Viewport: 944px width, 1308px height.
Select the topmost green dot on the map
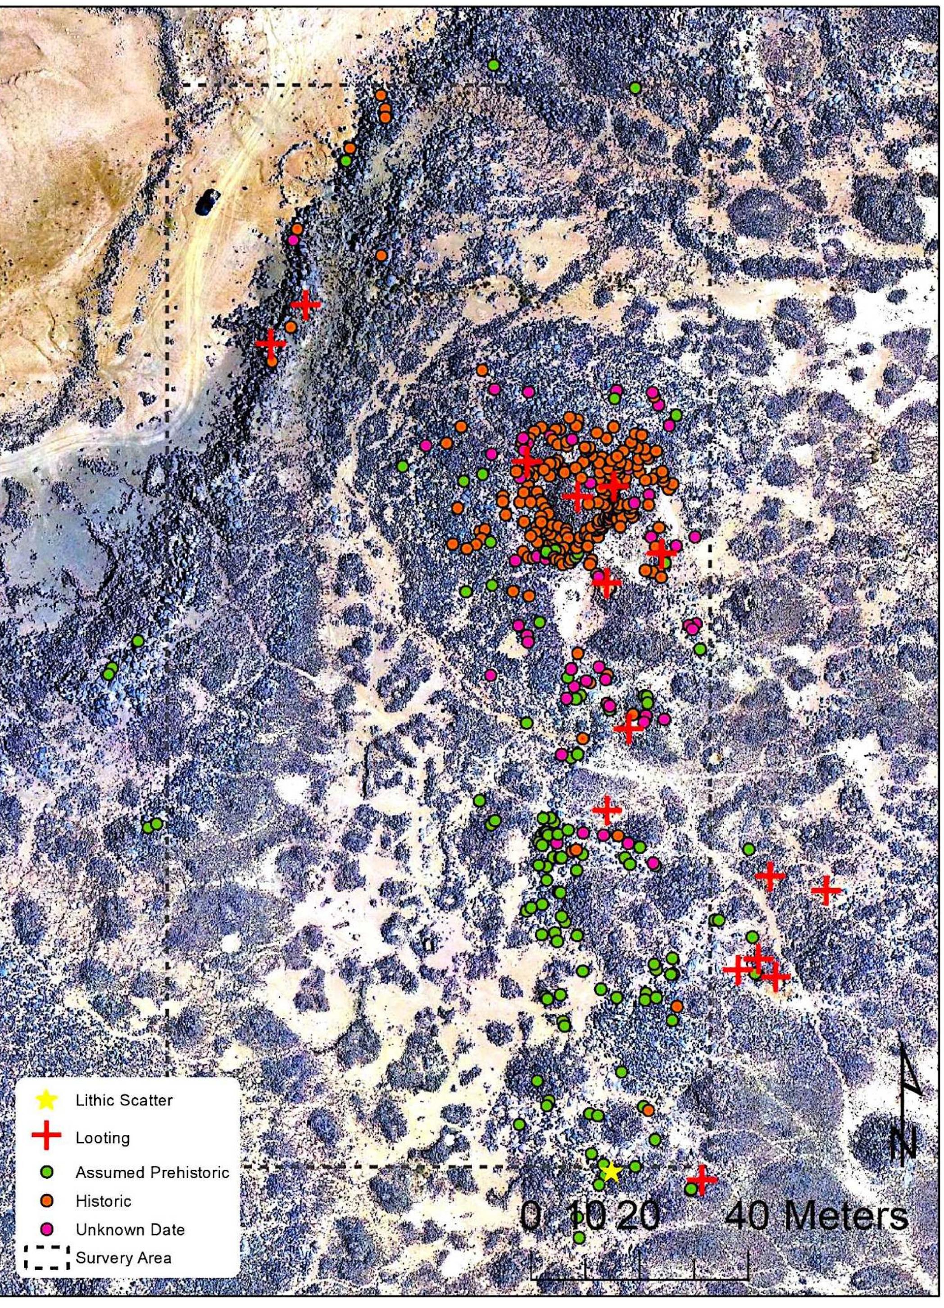coord(493,65)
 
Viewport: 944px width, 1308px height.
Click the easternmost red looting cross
coord(826,890)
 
